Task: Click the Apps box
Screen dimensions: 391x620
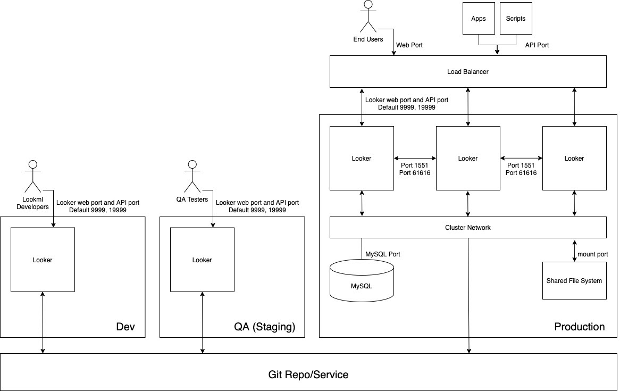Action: [x=479, y=19]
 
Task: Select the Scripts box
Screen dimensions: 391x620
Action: [x=516, y=19]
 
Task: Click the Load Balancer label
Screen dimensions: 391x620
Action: [x=468, y=71]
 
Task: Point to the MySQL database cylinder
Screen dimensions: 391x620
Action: [x=362, y=280]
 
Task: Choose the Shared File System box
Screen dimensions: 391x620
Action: [x=574, y=280]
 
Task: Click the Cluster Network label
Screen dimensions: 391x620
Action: [x=468, y=227]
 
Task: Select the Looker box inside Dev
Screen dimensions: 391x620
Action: [x=43, y=260]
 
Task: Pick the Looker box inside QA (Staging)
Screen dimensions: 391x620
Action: [x=202, y=260]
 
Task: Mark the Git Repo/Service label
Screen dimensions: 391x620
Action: [x=308, y=375]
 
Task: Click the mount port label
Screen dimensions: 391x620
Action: [x=592, y=254]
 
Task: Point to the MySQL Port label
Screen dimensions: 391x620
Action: [x=383, y=254]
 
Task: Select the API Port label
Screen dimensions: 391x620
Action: [x=537, y=45]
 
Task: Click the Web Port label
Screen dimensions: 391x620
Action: [x=409, y=45]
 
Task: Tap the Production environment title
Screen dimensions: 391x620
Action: [x=580, y=327]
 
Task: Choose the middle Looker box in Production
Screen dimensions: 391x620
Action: [x=468, y=158]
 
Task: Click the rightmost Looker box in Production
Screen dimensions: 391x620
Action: [x=574, y=158]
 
